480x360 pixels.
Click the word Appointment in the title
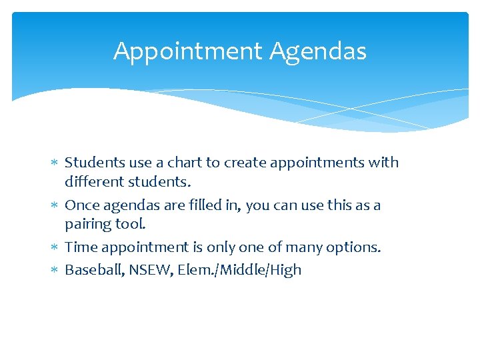189,51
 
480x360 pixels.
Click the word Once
81,205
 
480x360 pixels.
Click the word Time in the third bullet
81,247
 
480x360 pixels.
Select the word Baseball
93,270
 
